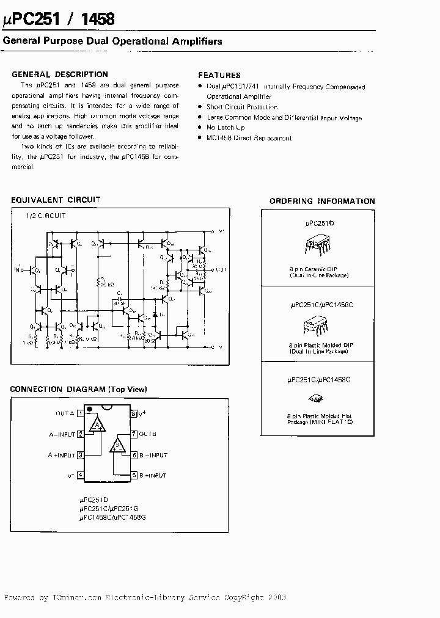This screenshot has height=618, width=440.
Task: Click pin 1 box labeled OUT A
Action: tap(80, 413)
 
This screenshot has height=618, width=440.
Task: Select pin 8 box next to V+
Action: tap(133, 413)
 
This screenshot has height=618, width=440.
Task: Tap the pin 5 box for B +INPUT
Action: tap(133, 475)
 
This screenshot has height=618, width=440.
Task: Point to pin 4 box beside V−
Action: tap(80, 475)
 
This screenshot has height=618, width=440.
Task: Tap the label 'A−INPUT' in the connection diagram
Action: tap(62, 434)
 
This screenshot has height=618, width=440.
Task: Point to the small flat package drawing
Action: tap(319, 400)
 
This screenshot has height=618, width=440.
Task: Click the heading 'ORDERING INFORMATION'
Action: tap(322, 201)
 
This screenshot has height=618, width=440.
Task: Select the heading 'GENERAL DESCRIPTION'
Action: tap(60, 75)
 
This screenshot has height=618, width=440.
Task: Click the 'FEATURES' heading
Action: tap(219, 75)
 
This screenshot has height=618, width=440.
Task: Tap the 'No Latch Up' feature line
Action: tap(226, 128)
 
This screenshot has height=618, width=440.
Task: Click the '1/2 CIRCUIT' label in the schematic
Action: tap(45, 216)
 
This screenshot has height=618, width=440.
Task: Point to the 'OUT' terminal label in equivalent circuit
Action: tap(221, 269)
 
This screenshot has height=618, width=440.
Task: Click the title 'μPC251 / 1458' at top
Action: tap(59, 19)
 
